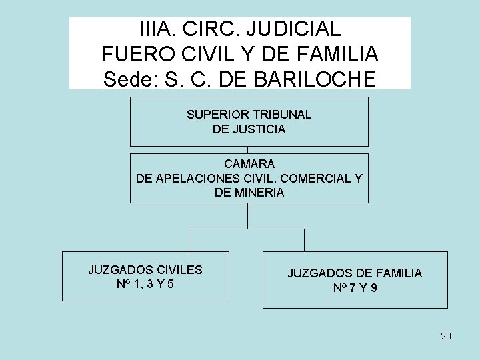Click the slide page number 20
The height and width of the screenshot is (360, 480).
[446, 336]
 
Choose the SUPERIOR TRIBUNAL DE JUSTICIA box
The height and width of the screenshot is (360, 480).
[249, 121]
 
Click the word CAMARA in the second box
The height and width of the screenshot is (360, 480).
[249, 163]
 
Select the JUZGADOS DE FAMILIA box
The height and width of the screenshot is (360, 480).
[355, 280]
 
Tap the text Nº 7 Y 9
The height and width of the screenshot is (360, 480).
[355, 289]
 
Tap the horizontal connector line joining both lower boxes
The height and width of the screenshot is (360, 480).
[248, 229]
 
